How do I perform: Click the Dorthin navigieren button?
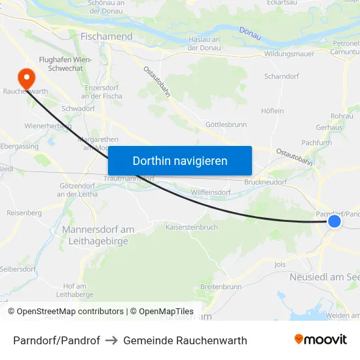pos(180,160)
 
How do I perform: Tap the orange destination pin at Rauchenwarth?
pos(27,79)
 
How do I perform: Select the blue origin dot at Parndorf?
pos(334,221)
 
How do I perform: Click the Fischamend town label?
pos(106,37)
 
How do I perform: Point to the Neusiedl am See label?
pos(325,278)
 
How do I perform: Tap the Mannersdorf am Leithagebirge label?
pos(98,235)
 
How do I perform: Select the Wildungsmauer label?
pos(289,54)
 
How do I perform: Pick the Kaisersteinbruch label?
pos(191,227)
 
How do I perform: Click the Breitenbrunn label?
pos(221,287)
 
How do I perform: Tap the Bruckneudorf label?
pos(265,183)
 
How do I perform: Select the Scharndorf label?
pos(281,77)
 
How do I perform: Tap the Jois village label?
pos(280,264)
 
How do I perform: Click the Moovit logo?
pos(321,340)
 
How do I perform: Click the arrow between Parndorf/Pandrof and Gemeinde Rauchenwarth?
pos(111,340)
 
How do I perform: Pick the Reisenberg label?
pos(24,213)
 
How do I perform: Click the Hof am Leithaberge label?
pos(75,290)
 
